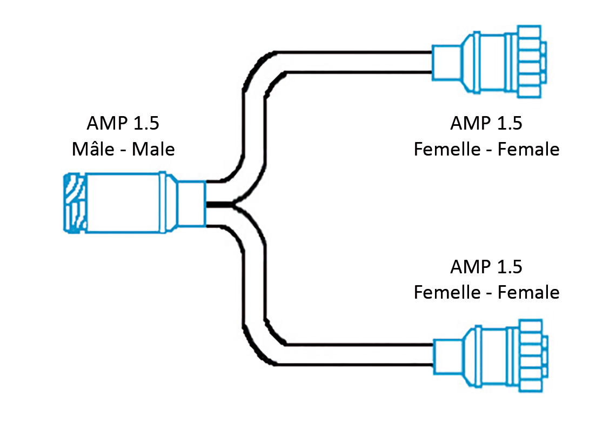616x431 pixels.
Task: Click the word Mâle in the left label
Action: (x=93, y=149)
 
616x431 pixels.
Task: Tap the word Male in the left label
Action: (x=153, y=149)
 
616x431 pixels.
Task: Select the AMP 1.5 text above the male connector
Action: (x=123, y=123)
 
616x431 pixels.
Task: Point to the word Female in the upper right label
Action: (x=528, y=149)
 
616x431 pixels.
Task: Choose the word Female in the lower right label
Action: (x=528, y=292)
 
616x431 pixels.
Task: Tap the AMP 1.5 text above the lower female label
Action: (x=486, y=267)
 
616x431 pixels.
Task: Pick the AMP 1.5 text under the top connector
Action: (x=486, y=123)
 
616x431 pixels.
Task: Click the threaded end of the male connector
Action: (x=75, y=203)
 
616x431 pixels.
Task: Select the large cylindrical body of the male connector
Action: (x=123, y=203)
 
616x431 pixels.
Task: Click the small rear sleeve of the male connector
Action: (x=192, y=203)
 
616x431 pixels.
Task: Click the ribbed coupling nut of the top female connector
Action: (x=531, y=62)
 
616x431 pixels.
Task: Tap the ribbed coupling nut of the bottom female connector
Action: (x=533, y=355)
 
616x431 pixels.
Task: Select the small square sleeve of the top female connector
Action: (x=447, y=63)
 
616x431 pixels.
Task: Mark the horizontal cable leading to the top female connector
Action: (x=353, y=62)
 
